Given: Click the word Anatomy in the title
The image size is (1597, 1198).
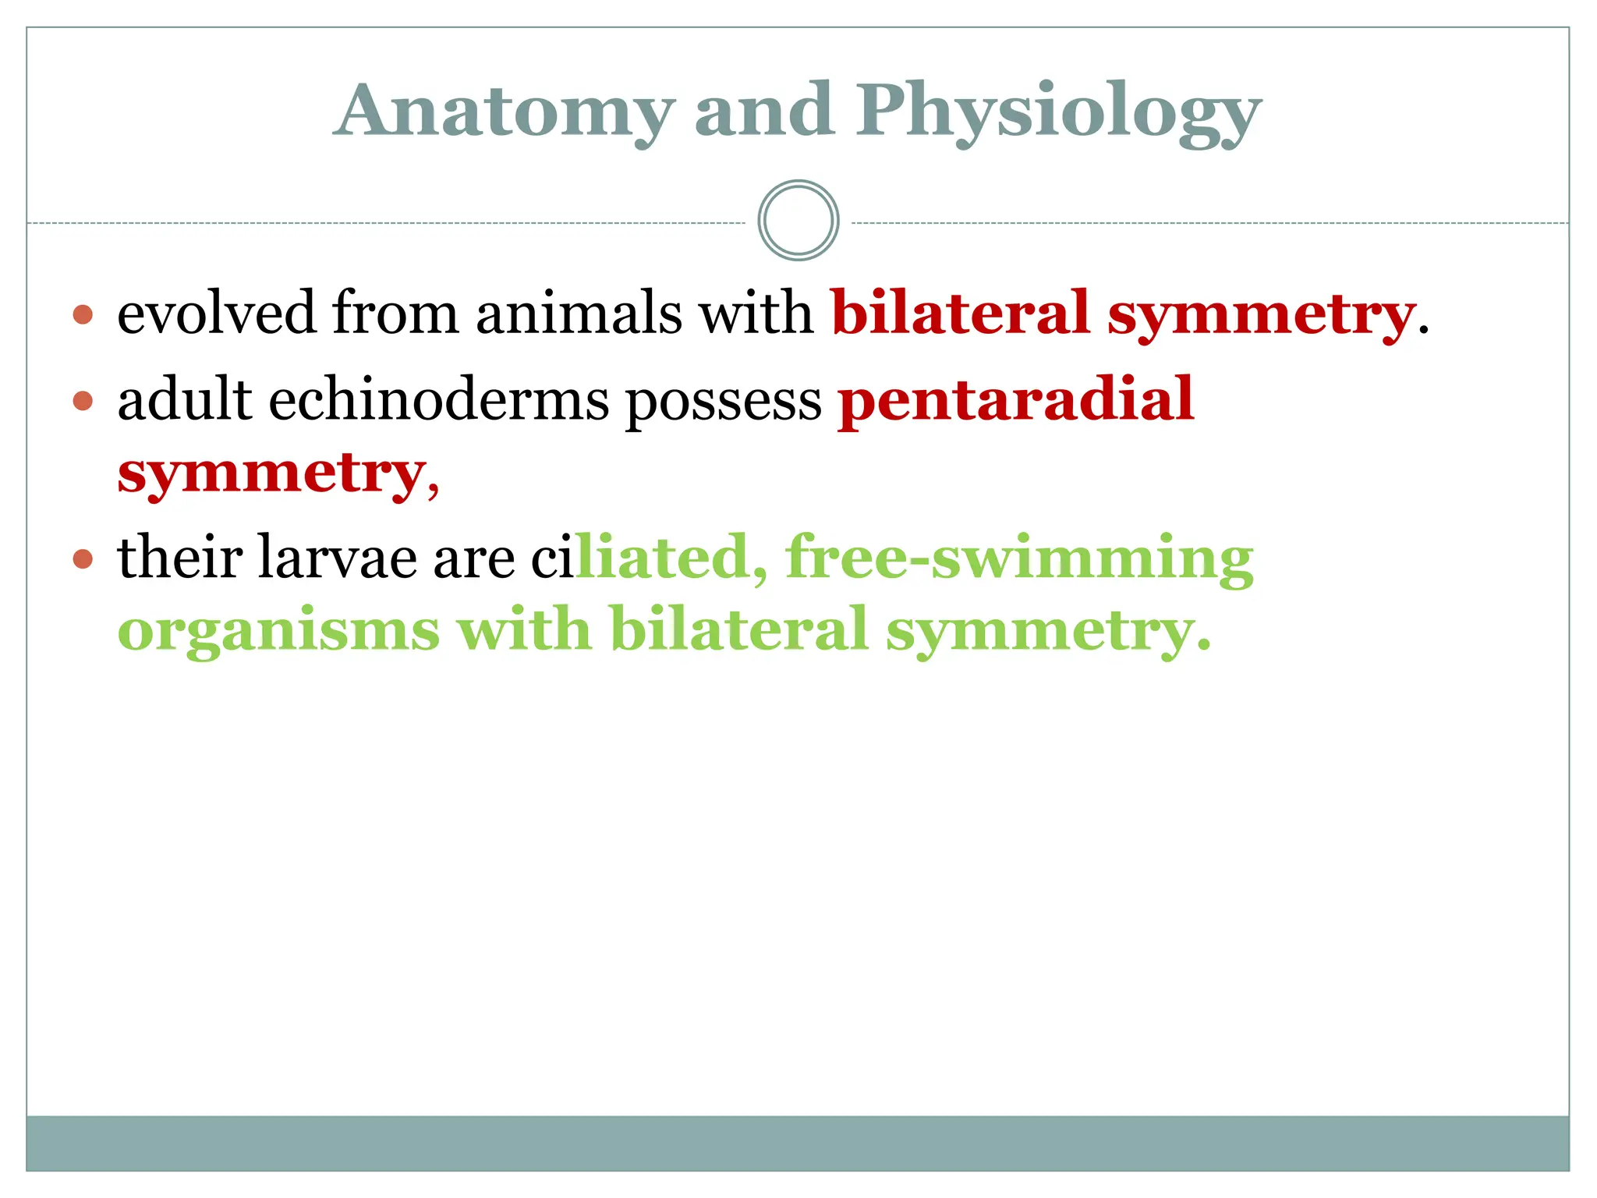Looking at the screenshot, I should (x=505, y=111).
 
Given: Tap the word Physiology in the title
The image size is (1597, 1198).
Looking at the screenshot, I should (x=1058, y=111).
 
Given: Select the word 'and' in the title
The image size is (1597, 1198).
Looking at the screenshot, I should (x=763, y=111).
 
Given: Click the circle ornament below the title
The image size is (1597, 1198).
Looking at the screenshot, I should (x=798, y=221).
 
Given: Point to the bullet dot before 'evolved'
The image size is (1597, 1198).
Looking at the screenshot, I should (x=83, y=315).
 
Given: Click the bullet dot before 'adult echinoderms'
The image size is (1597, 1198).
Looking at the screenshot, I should (x=83, y=402).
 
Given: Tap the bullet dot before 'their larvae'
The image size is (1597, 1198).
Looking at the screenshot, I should (x=83, y=559).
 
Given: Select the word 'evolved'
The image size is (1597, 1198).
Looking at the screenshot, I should (x=216, y=314).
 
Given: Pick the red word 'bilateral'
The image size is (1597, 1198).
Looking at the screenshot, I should (x=959, y=314).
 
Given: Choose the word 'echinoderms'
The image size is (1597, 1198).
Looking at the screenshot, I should (x=439, y=401).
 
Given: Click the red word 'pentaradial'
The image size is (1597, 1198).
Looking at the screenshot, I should (x=1016, y=401).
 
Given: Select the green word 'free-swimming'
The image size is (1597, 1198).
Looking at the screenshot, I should (x=1019, y=558).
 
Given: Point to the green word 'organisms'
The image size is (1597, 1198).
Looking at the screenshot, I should (x=278, y=630).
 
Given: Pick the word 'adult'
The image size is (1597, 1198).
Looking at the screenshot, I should (x=185, y=399).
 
